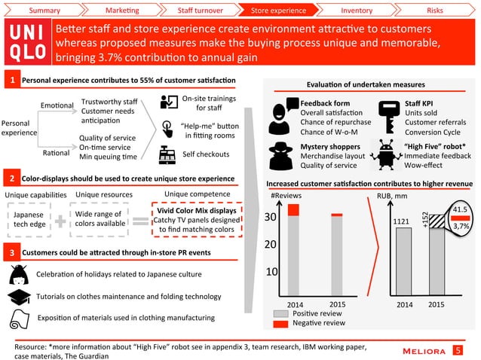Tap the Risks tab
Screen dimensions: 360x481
coord(434,11)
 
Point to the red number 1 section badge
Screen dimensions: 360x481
coord(11,80)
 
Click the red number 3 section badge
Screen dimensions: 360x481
coord(11,251)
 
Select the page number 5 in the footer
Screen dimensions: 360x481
coord(458,349)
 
